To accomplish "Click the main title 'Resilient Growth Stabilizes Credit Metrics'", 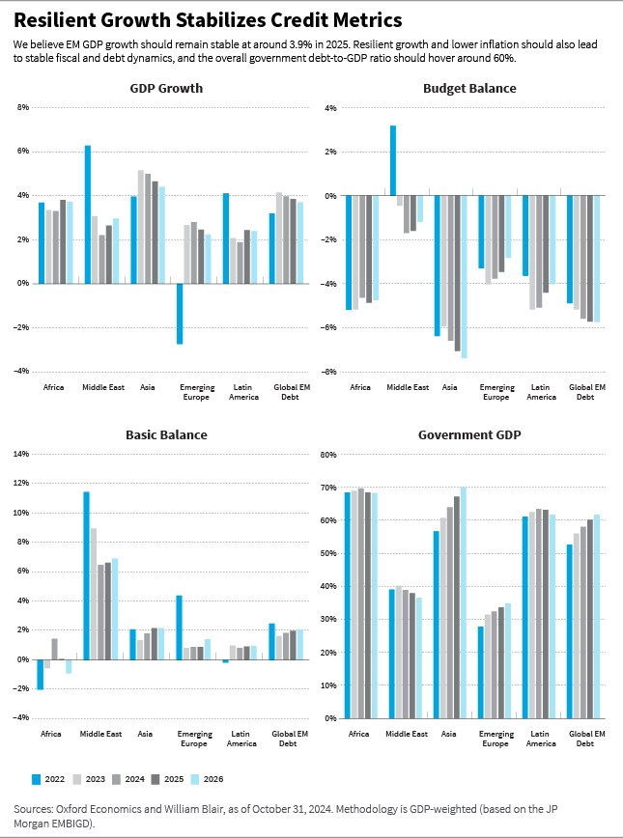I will point(208,20).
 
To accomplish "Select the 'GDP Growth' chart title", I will point(166,88).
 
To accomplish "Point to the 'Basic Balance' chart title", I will point(166,434).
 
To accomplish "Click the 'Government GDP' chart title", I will point(469,434).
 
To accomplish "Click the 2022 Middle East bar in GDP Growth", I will point(88,214).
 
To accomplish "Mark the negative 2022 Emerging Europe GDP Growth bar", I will point(180,313).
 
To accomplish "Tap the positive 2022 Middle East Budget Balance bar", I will point(393,161).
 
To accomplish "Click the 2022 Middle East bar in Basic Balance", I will point(86,575).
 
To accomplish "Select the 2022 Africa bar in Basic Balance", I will point(41,674).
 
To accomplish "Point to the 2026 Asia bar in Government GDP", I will point(463,602).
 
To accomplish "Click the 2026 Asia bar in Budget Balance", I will point(464,277).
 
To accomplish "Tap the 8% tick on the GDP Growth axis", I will point(23,107).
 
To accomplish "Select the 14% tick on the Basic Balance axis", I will point(22,454).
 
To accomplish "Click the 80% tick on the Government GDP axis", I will point(327,454).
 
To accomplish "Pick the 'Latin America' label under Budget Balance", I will point(541,392).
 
